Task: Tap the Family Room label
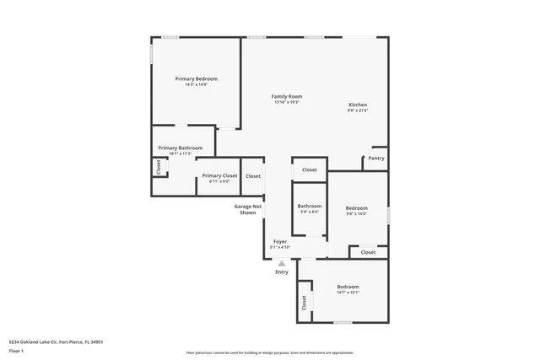point(287,97)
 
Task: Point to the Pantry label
point(376,159)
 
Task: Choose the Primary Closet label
point(219,175)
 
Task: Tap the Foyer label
point(279,242)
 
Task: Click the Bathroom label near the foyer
point(310,206)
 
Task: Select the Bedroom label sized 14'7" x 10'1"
point(348,287)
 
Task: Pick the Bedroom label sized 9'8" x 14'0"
point(357,207)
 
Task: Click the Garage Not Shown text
point(247,209)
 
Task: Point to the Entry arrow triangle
point(282,263)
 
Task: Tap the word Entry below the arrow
point(282,271)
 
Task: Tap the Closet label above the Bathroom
point(310,169)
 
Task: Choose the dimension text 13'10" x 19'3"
point(287,102)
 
